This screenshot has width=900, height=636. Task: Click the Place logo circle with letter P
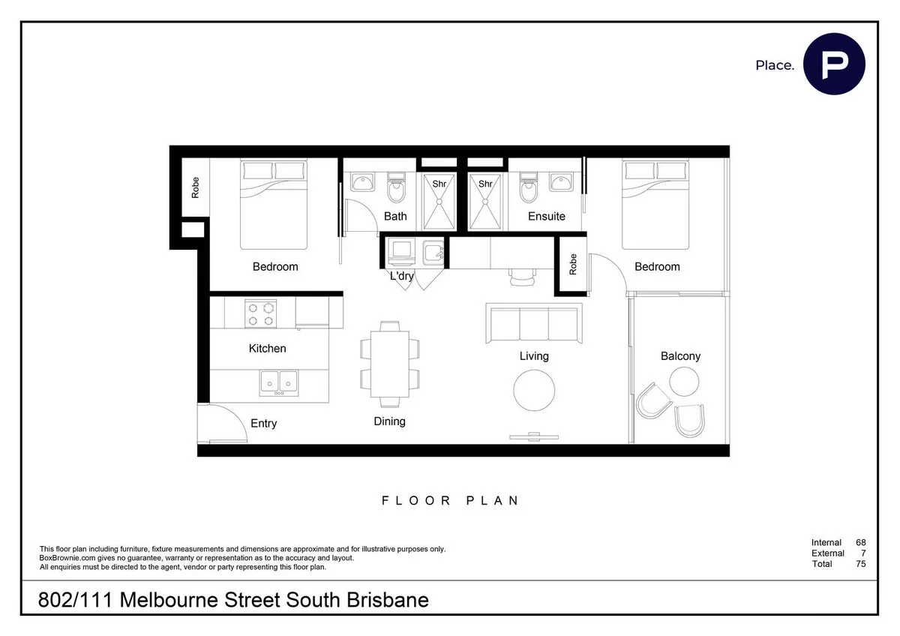coord(834,64)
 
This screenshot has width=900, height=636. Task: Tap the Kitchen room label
coord(267,348)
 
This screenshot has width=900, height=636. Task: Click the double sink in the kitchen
coord(280,382)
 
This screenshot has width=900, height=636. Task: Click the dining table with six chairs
coord(390,361)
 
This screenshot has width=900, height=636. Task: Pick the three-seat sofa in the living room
coord(534,324)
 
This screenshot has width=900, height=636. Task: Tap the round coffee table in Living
coord(535,389)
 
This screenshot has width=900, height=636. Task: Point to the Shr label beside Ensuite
coord(485,184)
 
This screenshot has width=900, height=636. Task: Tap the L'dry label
coord(402,276)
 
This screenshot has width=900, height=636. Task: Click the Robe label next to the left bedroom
coord(196,187)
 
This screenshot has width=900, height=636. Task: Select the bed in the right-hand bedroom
coord(655,205)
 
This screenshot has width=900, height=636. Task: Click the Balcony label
coord(680,356)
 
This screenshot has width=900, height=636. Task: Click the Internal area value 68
coord(860,542)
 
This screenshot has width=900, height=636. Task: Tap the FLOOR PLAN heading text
coord(450,500)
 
